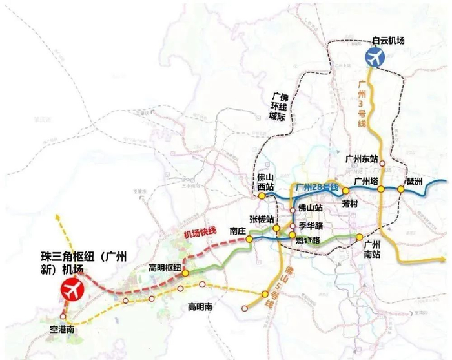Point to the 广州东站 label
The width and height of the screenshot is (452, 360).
pyautogui.click(x=362, y=158)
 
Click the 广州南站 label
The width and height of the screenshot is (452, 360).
pyautogui.click(x=375, y=249)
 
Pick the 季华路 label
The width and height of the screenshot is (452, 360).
pyautogui.click(x=311, y=226)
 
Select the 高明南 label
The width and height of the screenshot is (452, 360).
pyautogui.click(x=201, y=306)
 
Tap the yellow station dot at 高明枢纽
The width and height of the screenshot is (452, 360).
pyautogui.click(x=185, y=273)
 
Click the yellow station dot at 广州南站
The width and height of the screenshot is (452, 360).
pyautogui.click(x=360, y=237)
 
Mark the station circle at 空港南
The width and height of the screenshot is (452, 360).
pyautogui.click(x=63, y=317)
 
